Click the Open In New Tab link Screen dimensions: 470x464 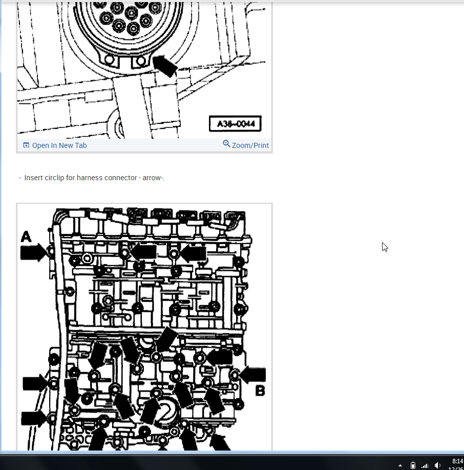coord(59,145)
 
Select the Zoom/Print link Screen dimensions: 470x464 coord(250,145)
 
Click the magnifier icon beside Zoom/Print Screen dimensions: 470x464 coord(226,144)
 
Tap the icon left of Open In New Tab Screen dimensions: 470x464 coord(26,145)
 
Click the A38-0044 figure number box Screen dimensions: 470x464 coord(236,124)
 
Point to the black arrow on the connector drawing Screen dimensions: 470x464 coord(165,66)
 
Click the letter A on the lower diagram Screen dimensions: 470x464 coord(26,237)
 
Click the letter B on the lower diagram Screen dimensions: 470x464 coord(260,391)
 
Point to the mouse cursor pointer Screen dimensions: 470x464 coord(385,247)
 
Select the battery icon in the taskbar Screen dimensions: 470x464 coord(413,465)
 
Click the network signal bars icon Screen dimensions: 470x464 coord(425,465)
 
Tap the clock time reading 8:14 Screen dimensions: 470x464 coord(457,461)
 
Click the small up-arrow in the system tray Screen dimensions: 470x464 coord(400,465)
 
